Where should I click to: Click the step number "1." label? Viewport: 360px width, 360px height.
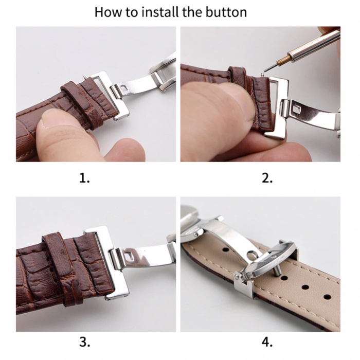click(x=85, y=178)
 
